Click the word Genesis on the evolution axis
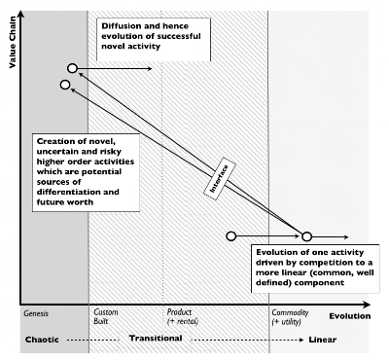pyautogui.click(x=34, y=312)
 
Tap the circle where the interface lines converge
pyautogui.click(x=306, y=236)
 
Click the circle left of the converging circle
pyautogui.click(x=230, y=235)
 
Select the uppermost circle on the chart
pyautogui.click(x=72, y=68)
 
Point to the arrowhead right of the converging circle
pyautogui.click(x=346, y=236)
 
